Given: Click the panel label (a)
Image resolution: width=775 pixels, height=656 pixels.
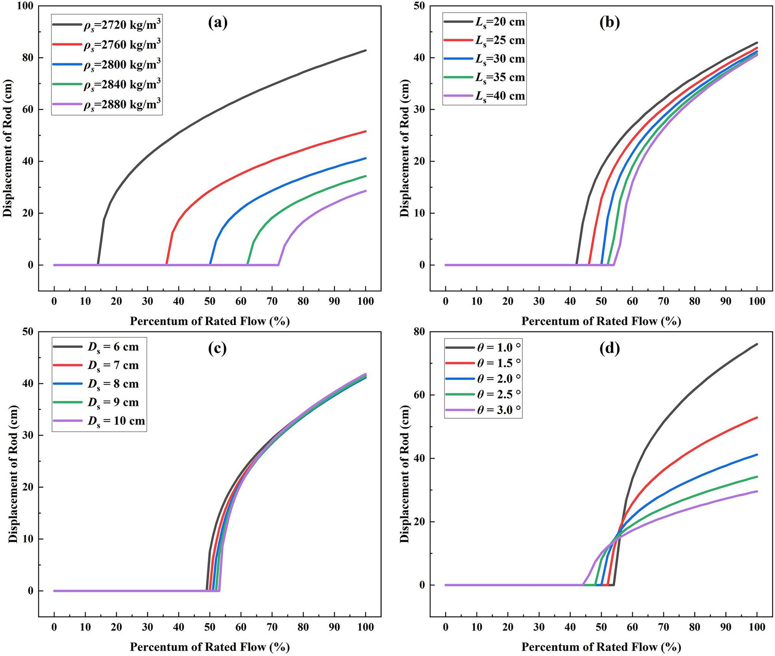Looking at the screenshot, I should click(x=218, y=23).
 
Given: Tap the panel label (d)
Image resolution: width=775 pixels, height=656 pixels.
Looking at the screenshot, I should click(x=609, y=348).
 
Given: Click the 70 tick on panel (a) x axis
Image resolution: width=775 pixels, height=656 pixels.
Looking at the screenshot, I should click(x=272, y=301).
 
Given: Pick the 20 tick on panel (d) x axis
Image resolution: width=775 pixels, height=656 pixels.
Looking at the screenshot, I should click(x=508, y=627).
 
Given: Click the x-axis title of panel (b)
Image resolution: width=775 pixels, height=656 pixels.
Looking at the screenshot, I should click(x=601, y=322).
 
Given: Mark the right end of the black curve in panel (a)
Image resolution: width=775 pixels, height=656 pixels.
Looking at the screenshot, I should click(x=365, y=50).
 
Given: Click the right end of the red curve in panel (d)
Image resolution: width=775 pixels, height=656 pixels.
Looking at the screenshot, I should click(x=757, y=417).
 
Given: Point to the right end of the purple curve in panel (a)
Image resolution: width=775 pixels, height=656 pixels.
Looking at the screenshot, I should click(x=365, y=191).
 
